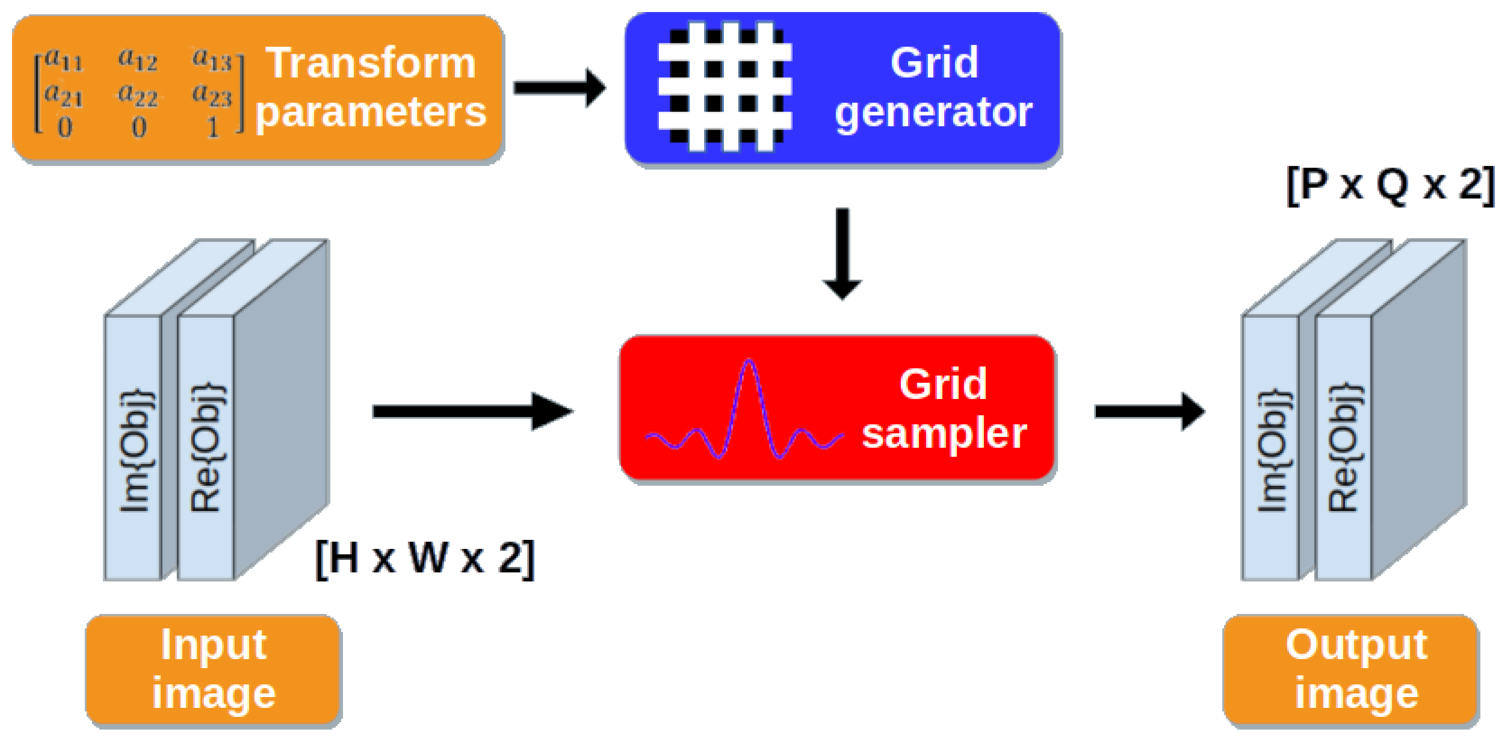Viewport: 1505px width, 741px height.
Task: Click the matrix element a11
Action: click(64, 60)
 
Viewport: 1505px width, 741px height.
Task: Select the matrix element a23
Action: click(212, 95)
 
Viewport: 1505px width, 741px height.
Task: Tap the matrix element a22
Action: click(138, 95)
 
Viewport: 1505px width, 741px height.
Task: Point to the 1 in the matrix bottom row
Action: click(213, 128)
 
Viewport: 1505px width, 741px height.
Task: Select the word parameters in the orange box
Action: click(371, 112)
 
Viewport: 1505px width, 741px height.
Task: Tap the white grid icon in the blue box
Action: click(725, 87)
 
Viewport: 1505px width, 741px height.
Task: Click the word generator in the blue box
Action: click(933, 112)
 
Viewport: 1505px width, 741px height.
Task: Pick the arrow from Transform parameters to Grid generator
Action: click(559, 88)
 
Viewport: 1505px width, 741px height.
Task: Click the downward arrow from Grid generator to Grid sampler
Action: click(842, 253)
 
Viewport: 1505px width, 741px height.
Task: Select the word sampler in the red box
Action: click(944, 433)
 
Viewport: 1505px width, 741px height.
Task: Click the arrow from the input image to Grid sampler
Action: click(472, 412)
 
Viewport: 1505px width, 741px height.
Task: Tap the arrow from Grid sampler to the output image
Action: click(1149, 412)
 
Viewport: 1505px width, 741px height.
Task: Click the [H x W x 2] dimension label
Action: click(425, 559)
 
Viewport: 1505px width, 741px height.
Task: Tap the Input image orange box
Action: click(214, 669)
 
